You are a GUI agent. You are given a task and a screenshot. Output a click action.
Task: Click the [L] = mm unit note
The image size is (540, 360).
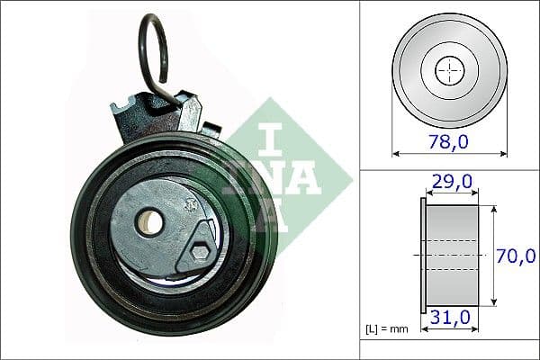(x=388, y=328)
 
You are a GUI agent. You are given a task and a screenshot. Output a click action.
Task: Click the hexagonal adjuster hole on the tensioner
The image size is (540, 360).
(x=199, y=253)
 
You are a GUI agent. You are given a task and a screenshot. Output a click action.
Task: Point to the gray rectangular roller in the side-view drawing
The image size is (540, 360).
(x=452, y=256)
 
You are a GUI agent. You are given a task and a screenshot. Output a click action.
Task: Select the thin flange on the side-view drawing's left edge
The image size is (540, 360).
(x=423, y=256)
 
